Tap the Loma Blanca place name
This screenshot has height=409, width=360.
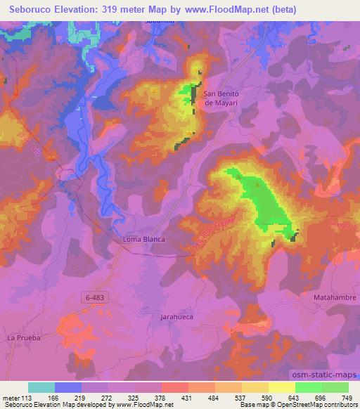click(x=144, y=240)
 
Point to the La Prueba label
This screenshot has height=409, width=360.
click(x=24, y=338)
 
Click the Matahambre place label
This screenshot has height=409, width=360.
click(x=335, y=298)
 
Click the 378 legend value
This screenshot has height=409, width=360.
click(x=160, y=398)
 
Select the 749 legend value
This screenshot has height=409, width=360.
click(x=347, y=398)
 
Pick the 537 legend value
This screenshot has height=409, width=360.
click(x=240, y=398)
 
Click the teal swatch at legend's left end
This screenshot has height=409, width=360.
click(x=41, y=387)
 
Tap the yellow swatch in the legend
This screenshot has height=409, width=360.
click(x=281, y=387)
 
